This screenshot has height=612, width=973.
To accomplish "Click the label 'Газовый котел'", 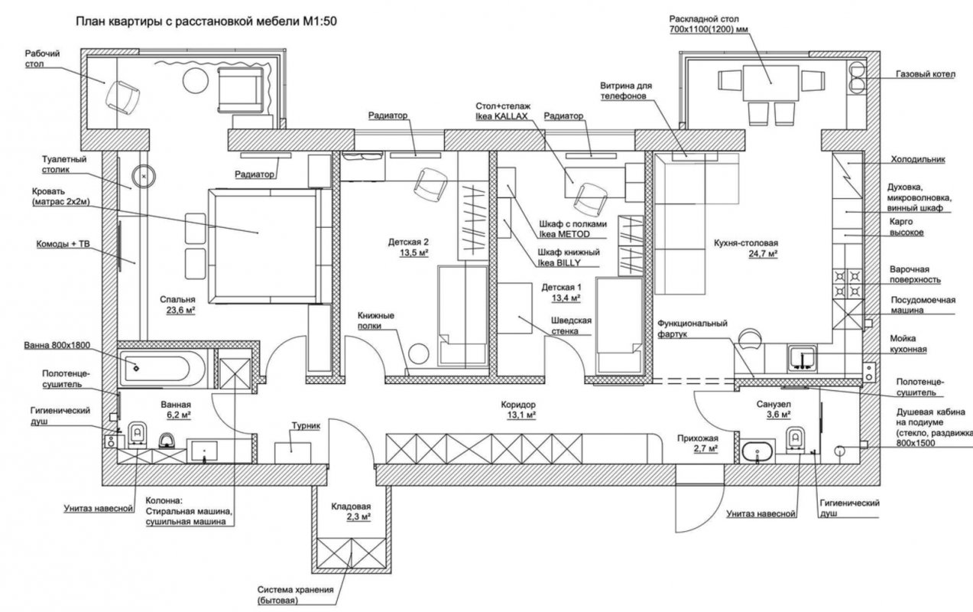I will pos(924,75).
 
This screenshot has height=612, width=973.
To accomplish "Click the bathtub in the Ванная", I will pos(163,368).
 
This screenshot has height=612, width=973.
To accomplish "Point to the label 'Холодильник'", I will pos(917,160).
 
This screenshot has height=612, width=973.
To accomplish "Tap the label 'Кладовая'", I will pos(351,506).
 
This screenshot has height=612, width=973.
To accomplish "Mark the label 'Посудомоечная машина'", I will pos(917,306).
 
